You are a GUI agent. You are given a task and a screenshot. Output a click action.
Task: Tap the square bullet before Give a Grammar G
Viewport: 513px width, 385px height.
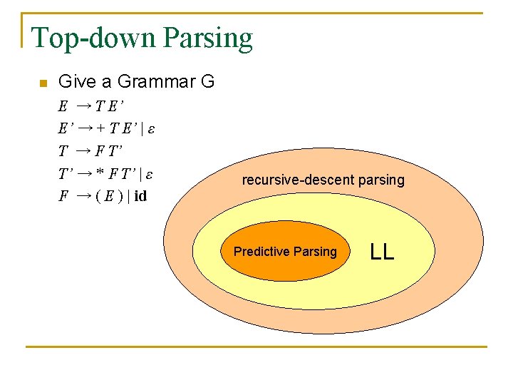click(42, 84)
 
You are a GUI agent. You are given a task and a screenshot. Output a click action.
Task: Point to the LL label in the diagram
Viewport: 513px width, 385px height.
click(382, 251)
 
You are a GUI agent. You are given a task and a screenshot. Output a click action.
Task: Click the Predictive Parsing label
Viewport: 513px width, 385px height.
click(285, 252)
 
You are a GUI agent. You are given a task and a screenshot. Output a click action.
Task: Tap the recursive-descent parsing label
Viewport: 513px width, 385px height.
click(323, 180)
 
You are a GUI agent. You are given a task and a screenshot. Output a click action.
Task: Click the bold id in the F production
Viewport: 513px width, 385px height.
click(140, 195)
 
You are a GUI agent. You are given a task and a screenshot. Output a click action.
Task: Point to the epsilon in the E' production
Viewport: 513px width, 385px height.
click(151, 129)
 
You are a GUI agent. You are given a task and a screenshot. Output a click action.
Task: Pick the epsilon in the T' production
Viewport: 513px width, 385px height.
click(151, 173)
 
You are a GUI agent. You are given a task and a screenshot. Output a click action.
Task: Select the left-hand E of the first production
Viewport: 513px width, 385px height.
click(63, 107)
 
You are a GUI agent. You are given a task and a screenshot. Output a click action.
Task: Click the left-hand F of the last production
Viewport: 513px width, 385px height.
click(63, 195)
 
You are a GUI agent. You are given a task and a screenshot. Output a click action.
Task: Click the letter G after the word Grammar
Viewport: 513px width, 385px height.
click(208, 82)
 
